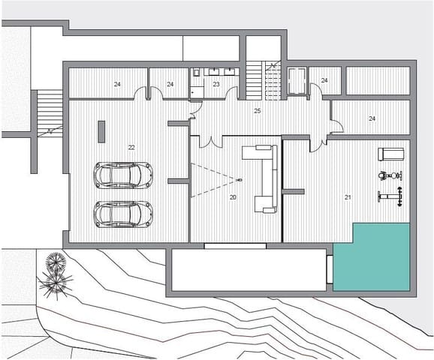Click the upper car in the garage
pyautogui.click(x=122, y=175)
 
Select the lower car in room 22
pyautogui.click(x=122, y=214)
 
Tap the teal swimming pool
pyautogui.click(x=372, y=256)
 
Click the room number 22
pyautogui.click(x=131, y=147)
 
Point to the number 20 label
pyautogui.click(x=233, y=196)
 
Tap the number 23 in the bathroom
pyautogui.click(x=216, y=85)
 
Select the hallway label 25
pyautogui.click(x=257, y=111)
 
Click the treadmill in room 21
pyautogui.click(x=390, y=154)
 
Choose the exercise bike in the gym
pyautogui.click(x=389, y=177)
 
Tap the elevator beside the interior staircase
pyautogui.click(x=296, y=81)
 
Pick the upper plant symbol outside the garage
pyautogui.click(x=56, y=263)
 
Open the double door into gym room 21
pyautogui.click(x=322, y=141)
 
